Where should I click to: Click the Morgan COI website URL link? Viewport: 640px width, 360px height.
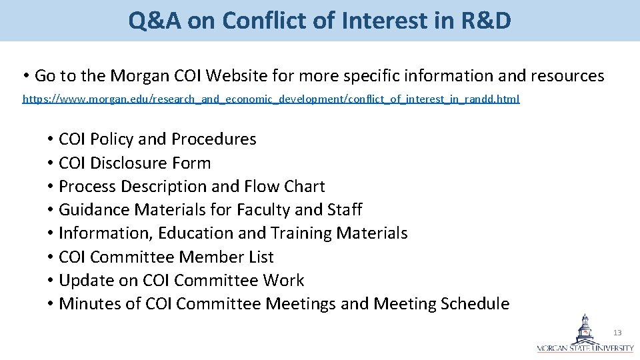click(271, 99)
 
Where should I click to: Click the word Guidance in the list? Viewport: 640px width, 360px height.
click(95, 210)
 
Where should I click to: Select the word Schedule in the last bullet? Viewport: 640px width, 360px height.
click(475, 304)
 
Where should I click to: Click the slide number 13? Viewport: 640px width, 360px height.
click(617, 332)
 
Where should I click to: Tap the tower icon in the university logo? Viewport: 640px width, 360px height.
click(585, 327)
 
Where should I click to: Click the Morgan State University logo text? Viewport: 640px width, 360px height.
click(585, 348)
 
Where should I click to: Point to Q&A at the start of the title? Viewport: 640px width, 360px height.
click(155, 21)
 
